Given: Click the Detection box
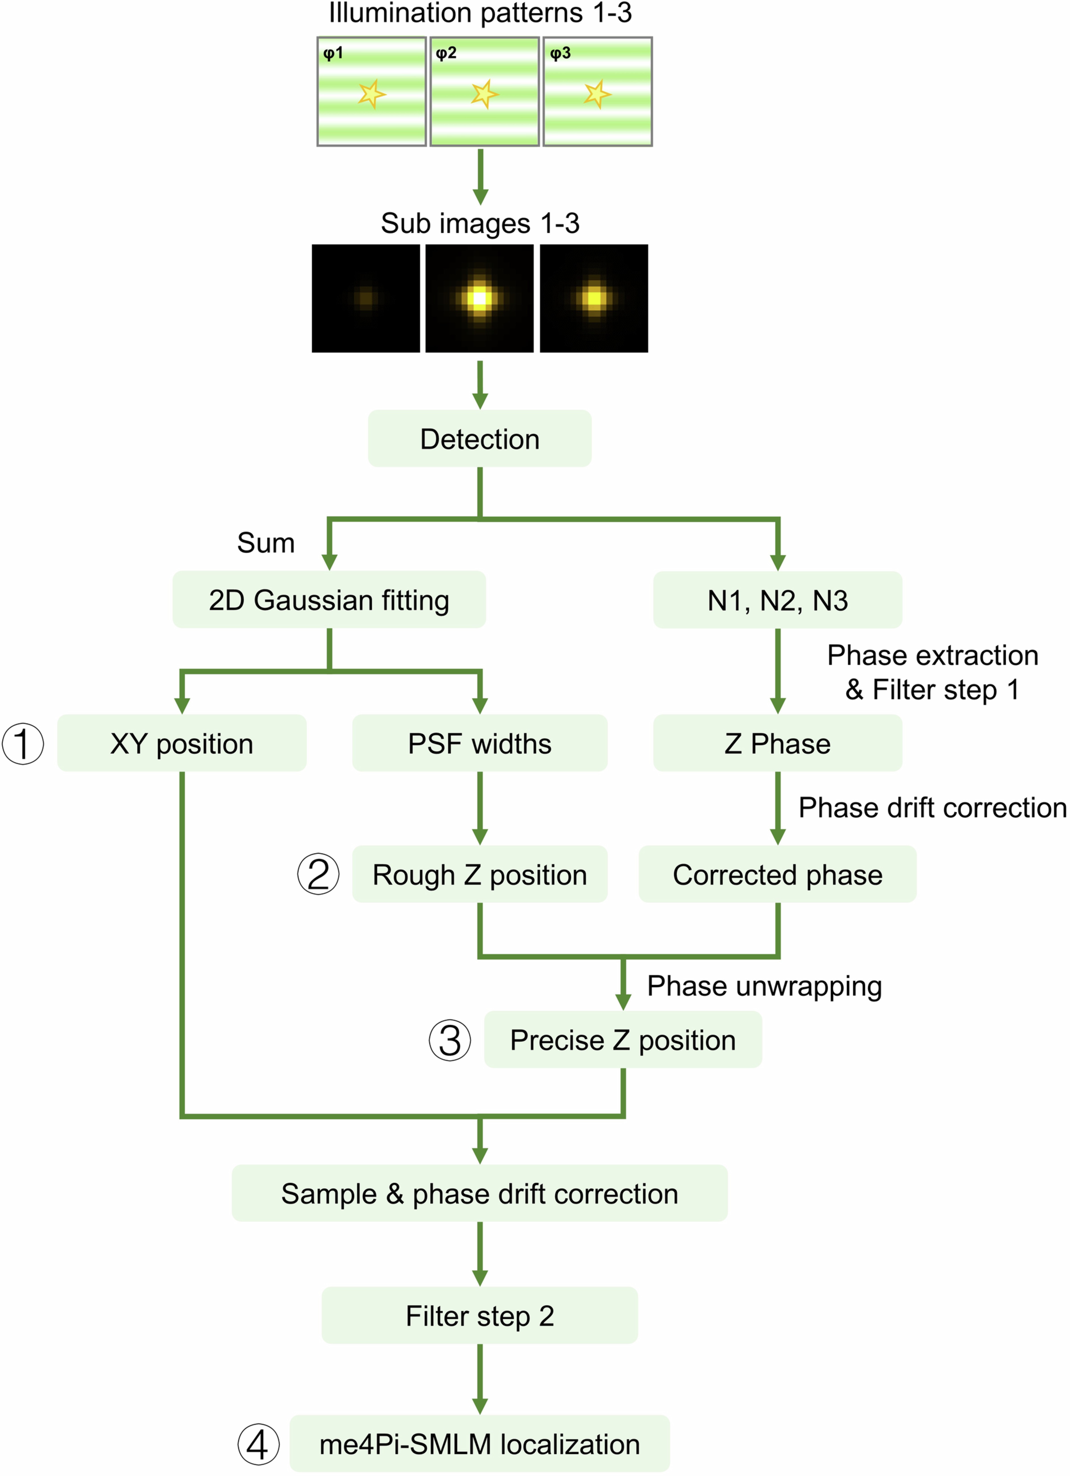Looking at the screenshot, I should (x=480, y=439).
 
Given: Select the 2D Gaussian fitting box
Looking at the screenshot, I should (x=329, y=599).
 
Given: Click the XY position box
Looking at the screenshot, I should (x=182, y=743).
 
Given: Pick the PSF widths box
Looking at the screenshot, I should (x=480, y=743).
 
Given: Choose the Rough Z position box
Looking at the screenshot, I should (x=480, y=874).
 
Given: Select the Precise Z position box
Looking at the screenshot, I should (x=623, y=1039).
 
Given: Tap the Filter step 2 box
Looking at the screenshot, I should (x=480, y=1315).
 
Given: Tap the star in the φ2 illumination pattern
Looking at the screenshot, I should (x=484, y=94).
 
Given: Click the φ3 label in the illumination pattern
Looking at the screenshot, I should (x=560, y=53).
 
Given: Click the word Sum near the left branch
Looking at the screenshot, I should (x=266, y=543).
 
